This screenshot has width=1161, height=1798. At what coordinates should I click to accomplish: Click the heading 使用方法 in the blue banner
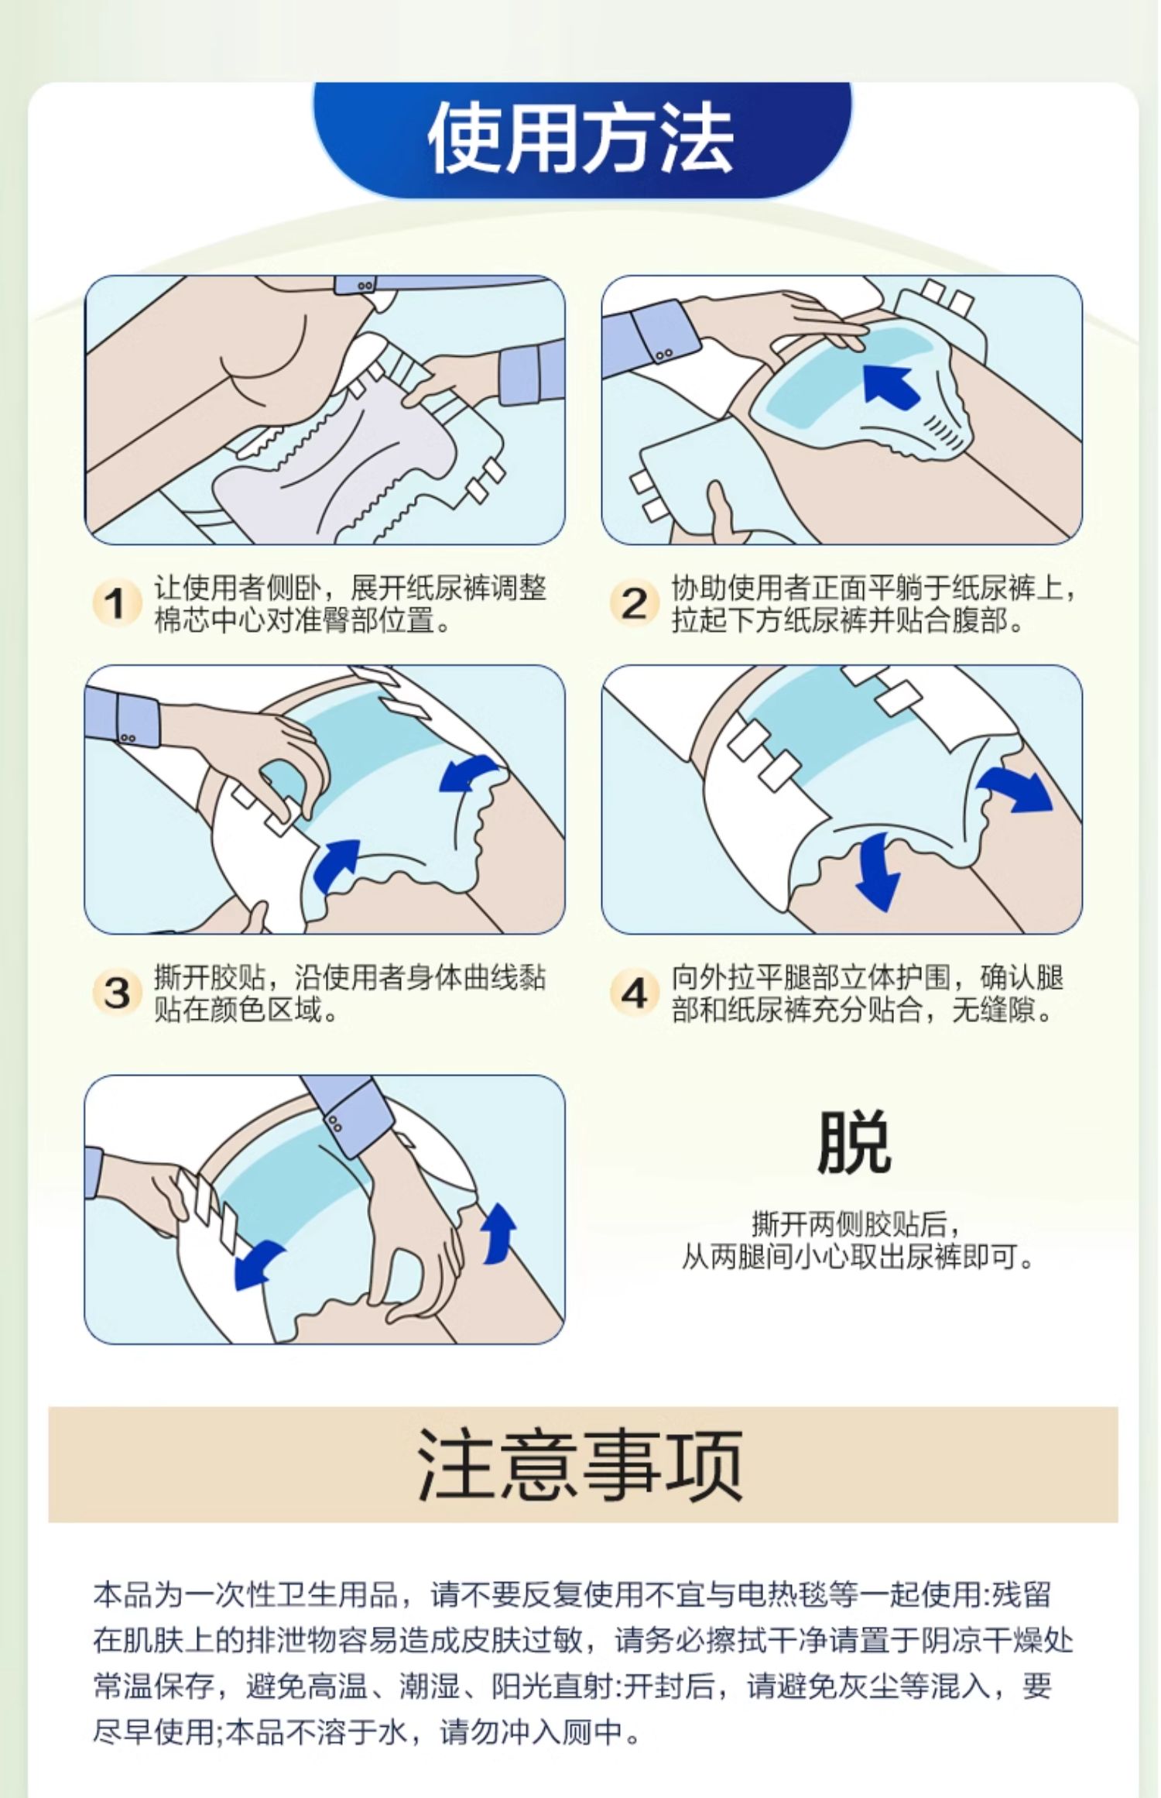point(580,139)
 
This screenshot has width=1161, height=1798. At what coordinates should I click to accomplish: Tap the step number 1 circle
point(116,603)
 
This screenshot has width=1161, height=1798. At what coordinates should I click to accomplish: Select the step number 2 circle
point(634,603)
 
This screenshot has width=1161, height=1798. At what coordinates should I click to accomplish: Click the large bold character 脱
point(854,1142)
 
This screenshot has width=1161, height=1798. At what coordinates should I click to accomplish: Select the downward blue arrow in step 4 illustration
point(879,871)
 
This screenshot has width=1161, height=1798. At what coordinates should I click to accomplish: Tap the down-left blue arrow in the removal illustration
point(259,1264)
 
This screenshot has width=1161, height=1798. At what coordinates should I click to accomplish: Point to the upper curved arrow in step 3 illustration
point(468,774)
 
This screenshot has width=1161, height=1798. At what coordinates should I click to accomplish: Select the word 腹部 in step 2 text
point(979,620)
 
